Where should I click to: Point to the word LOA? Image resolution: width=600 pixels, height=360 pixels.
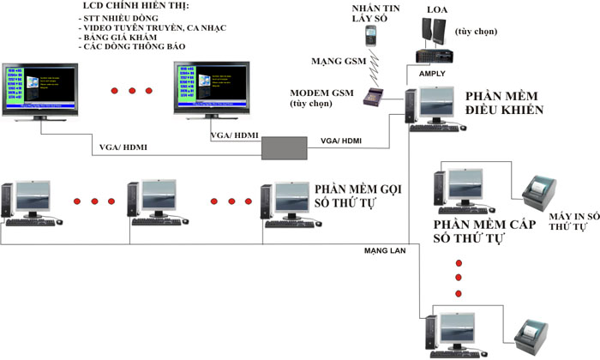coord(436,9)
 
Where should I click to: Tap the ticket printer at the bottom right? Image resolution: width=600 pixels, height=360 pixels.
coord(531,334)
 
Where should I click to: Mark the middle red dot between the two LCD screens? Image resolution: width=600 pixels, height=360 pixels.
coord(133,89)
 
